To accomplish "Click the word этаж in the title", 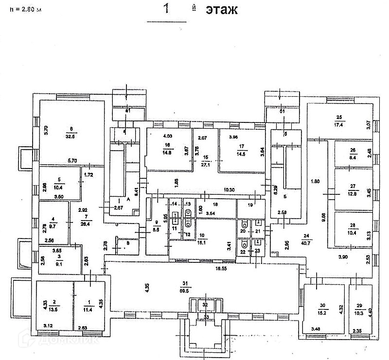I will [x=221, y=10].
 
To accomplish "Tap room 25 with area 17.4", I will [x=339, y=121].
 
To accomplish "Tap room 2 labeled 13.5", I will [x=54, y=305].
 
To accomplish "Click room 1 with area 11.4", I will [x=88, y=305].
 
